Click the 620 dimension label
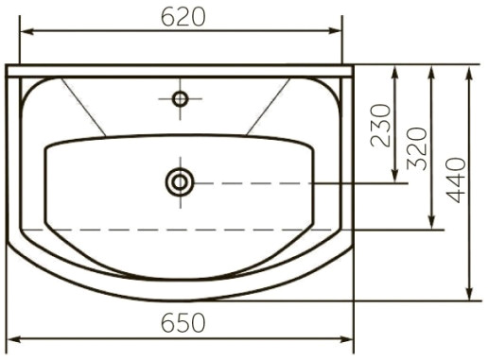click(x=183, y=17)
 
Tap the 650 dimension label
click(x=183, y=323)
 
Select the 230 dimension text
click(x=381, y=126)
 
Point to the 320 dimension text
click(x=417, y=148)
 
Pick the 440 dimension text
click(x=456, y=180)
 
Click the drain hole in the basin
click(x=180, y=182)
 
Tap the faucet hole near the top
click(x=181, y=99)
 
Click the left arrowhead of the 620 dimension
click(x=27, y=31)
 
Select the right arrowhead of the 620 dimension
click(x=335, y=31)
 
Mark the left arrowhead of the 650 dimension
click(x=14, y=339)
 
